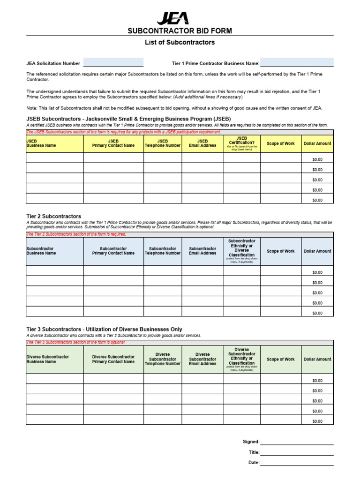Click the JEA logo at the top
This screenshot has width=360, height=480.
click(x=172, y=18)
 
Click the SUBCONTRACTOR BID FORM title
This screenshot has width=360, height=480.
click(x=180, y=31)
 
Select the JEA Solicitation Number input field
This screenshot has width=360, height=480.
click(x=113, y=63)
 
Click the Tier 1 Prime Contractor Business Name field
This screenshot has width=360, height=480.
click(x=297, y=63)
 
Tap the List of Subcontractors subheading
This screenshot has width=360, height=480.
click(x=180, y=42)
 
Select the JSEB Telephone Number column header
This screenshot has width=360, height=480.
click(x=162, y=143)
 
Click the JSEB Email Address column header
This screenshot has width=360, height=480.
click(x=202, y=143)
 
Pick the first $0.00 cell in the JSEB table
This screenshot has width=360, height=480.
click(x=317, y=159)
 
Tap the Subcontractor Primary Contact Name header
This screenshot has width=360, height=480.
click(x=113, y=251)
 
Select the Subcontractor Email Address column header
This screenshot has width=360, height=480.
click(x=202, y=251)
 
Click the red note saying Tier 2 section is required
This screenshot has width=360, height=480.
click(x=76, y=234)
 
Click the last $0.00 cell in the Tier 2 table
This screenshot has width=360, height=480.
click(x=317, y=313)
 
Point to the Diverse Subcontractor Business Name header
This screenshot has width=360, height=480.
click(x=48, y=359)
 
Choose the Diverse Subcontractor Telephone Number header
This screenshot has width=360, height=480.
click(x=162, y=359)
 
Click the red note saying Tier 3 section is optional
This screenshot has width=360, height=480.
click(x=76, y=343)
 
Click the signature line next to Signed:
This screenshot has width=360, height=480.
click(x=297, y=442)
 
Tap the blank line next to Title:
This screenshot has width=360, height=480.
click(x=297, y=452)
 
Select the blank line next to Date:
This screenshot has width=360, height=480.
click(x=297, y=463)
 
